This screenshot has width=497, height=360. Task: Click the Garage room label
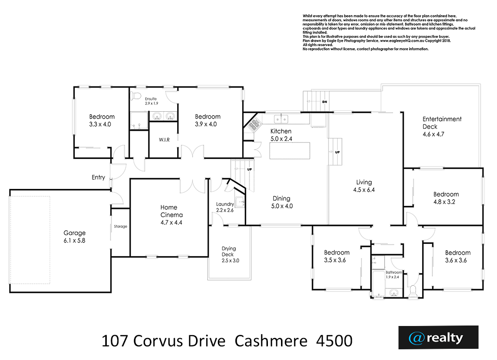coord(74,237)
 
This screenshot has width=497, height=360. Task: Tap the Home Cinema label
coord(171,215)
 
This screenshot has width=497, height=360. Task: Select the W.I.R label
coord(164,139)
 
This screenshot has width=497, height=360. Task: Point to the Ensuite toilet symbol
coord(136,96)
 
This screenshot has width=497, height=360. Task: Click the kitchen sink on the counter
coord(281,119)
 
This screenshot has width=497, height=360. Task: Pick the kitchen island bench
coord(290,151)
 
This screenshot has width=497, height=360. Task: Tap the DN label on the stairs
coord(324,102)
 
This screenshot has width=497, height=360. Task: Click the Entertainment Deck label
coord(442,126)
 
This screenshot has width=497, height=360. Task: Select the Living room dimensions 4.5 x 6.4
coord(364,190)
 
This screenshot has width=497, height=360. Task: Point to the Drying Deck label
coord(229,255)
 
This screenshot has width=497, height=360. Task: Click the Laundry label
coord(225,204)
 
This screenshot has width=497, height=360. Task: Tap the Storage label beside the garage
coord(120,226)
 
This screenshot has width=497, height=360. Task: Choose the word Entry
coord(98,177)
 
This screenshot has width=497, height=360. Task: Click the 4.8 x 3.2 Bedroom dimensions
coord(444,202)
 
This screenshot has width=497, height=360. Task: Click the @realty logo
coord(438,338)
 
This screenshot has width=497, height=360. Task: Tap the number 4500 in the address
coord(334,341)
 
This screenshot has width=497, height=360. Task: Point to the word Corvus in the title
coord(157,341)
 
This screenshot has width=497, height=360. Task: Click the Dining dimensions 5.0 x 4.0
coord(282,206)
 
